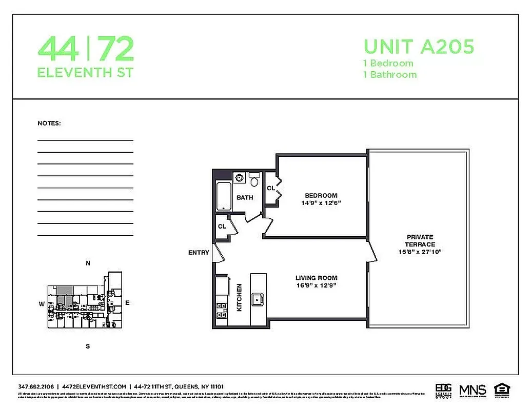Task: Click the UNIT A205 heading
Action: click(x=419, y=47)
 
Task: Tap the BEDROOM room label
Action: click(x=321, y=195)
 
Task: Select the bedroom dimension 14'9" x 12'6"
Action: click(x=321, y=203)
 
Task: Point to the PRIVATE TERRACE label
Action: click(x=420, y=241)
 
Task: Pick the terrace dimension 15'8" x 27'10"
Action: click(x=420, y=252)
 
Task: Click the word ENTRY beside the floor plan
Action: click(x=199, y=253)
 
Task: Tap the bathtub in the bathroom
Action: click(x=224, y=196)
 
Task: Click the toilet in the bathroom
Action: click(x=254, y=180)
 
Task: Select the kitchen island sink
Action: click(x=258, y=299)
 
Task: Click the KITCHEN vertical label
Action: click(x=239, y=298)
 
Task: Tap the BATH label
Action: click(x=245, y=197)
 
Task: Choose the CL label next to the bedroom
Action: click(x=270, y=189)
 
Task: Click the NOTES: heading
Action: click(x=49, y=124)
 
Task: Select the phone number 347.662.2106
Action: click(x=35, y=386)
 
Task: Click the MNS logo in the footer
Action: click(x=472, y=389)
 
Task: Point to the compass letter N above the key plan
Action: click(x=88, y=264)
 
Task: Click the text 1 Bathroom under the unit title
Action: click(x=390, y=74)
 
